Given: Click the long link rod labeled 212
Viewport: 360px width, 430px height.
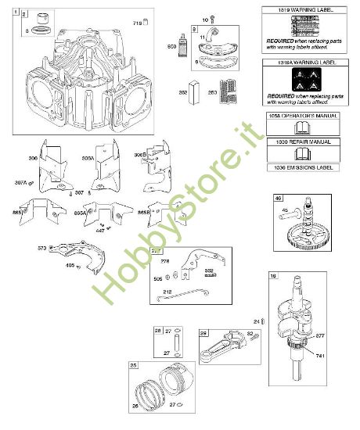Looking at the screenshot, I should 185,298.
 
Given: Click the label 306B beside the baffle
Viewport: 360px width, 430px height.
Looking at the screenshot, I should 141,156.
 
